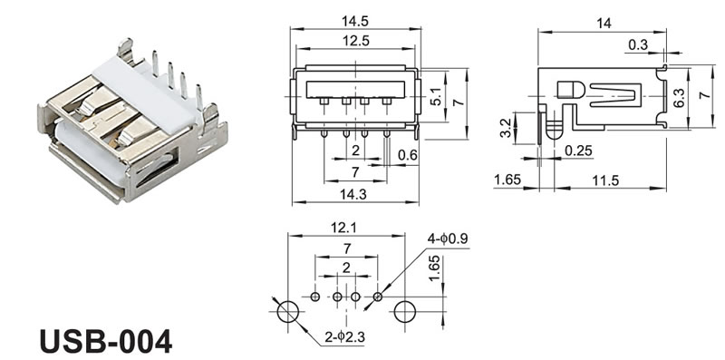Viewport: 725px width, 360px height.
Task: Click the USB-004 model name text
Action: (105, 342)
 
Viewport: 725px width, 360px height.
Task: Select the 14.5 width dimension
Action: (355, 21)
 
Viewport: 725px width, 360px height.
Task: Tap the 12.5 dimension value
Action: (355, 41)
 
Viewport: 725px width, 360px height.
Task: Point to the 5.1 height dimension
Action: (436, 96)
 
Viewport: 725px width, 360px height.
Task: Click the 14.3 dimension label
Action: (353, 195)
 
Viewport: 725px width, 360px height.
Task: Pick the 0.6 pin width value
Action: (407, 155)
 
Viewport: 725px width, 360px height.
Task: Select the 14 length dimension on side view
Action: (604, 24)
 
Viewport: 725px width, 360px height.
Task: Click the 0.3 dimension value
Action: (638, 44)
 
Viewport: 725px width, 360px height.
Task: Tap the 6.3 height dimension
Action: (679, 98)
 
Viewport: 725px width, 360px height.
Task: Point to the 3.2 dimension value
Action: (506, 128)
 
